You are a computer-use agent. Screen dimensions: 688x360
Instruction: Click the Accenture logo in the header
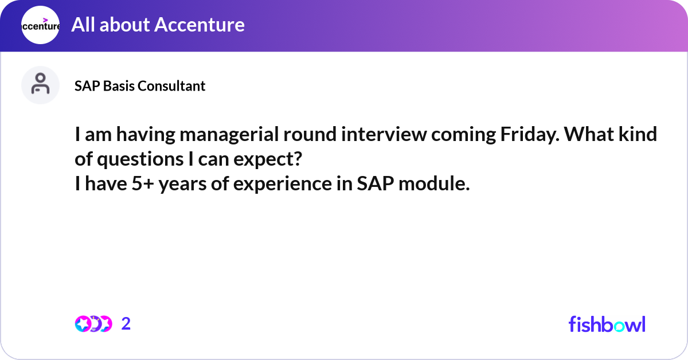pyautogui.click(x=40, y=25)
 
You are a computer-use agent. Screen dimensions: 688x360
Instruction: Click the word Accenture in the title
pyautogui.click(x=200, y=25)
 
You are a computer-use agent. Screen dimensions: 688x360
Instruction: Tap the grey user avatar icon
pyautogui.click(x=40, y=85)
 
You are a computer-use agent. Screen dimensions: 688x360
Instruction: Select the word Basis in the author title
pyautogui.click(x=119, y=86)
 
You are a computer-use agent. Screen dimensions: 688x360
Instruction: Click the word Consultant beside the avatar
pyautogui.click(x=171, y=86)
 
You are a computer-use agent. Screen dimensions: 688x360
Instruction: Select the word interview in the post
pyautogui.click(x=384, y=134)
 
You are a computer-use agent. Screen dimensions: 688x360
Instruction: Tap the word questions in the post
pyautogui.click(x=140, y=160)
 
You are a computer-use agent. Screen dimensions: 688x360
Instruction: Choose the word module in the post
pyautogui.click(x=434, y=183)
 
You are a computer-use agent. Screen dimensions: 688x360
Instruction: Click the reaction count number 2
pyautogui.click(x=126, y=324)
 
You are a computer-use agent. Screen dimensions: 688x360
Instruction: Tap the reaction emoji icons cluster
pyautogui.click(x=93, y=324)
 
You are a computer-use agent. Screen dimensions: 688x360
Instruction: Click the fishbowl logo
pyautogui.click(x=607, y=324)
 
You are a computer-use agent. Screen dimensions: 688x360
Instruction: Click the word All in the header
pyautogui.click(x=83, y=25)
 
